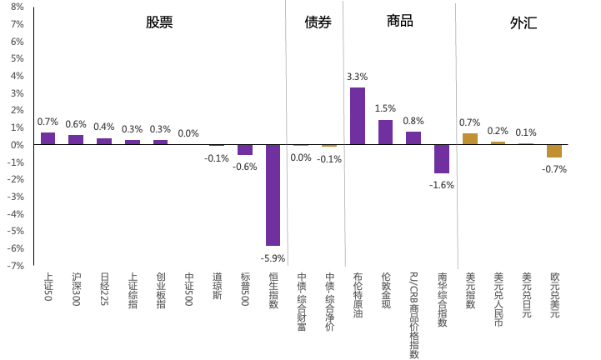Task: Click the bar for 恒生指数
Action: click(273, 195)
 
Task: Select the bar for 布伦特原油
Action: click(357, 116)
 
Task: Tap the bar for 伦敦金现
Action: click(385, 132)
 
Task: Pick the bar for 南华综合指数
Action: click(442, 158)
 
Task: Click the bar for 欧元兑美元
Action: click(554, 151)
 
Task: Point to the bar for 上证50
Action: click(48, 138)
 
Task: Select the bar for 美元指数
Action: click(470, 138)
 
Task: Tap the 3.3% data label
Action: click(357, 77)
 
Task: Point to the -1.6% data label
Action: click(442, 185)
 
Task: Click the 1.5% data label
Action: click(385, 108)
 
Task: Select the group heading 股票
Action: click(159, 22)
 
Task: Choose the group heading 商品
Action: click(400, 21)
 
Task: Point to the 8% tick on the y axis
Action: click(17, 7)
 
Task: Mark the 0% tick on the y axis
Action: click(17, 145)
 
